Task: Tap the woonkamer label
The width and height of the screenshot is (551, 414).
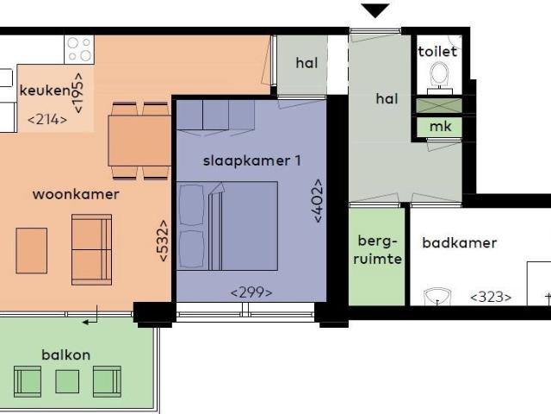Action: pyautogui.click(x=76, y=194)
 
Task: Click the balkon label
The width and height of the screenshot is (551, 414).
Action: pyautogui.click(x=65, y=354)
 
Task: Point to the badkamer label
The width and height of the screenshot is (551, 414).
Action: pyautogui.click(x=459, y=243)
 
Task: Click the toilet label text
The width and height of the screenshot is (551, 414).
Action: pyautogui.click(x=438, y=52)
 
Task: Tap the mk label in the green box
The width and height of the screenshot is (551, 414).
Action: pyautogui.click(x=439, y=128)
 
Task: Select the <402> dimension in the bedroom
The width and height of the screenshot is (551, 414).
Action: pyautogui.click(x=319, y=200)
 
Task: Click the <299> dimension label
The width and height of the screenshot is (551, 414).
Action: pyautogui.click(x=251, y=292)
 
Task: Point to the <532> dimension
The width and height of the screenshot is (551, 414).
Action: pyautogui.click(x=162, y=240)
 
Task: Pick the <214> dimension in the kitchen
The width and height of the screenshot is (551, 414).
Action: pyautogui.click(x=47, y=120)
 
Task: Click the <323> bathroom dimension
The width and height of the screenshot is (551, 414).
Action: pyautogui.click(x=491, y=298)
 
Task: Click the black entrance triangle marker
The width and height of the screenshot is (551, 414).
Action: pyautogui.click(x=375, y=11)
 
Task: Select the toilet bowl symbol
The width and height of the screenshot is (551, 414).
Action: pyautogui.click(x=440, y=73)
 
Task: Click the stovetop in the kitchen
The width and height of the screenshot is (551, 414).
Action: pyautogui.click(x=79, y=48)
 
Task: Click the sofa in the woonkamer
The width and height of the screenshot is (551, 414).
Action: pyautogui.click(x=91, y=249)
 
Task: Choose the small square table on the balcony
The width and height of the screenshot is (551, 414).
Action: pyautogui.click(x=67, y=380)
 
